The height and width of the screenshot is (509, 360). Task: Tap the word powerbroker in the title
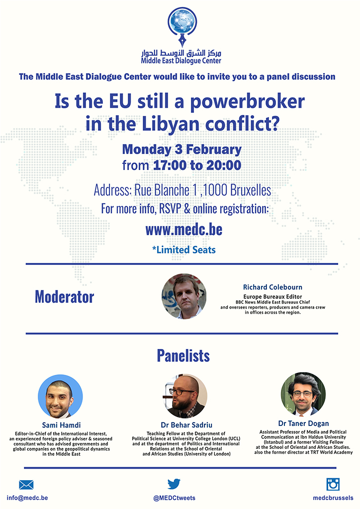coord(247,102)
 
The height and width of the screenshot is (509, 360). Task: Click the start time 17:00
coord(169,165)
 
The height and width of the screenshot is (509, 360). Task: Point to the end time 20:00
coord(224,165)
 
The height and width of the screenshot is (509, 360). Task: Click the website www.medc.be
coord(184,230)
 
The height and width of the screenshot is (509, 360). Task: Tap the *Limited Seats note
coord(184,250)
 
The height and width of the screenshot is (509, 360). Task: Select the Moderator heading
coord(64,297)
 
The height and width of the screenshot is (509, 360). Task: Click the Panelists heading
coord(183,355)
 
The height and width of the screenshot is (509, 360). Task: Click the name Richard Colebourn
coord(272,287)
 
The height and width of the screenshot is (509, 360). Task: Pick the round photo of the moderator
coord(184,296)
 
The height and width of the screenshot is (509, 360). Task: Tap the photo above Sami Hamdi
coord(60,397)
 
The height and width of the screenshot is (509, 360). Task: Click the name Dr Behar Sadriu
coord(186,425)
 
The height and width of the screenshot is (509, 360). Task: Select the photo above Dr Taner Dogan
coord(303,394)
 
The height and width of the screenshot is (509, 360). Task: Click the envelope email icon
coord(26,485)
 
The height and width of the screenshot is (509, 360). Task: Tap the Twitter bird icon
coord(174,484)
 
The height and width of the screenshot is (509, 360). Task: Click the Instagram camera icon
coord(333,484)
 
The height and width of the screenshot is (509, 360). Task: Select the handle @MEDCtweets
coord(175,498)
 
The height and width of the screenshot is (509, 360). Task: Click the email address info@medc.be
coord(27,498)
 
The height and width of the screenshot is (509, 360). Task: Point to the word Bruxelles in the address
coord(251,190)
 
